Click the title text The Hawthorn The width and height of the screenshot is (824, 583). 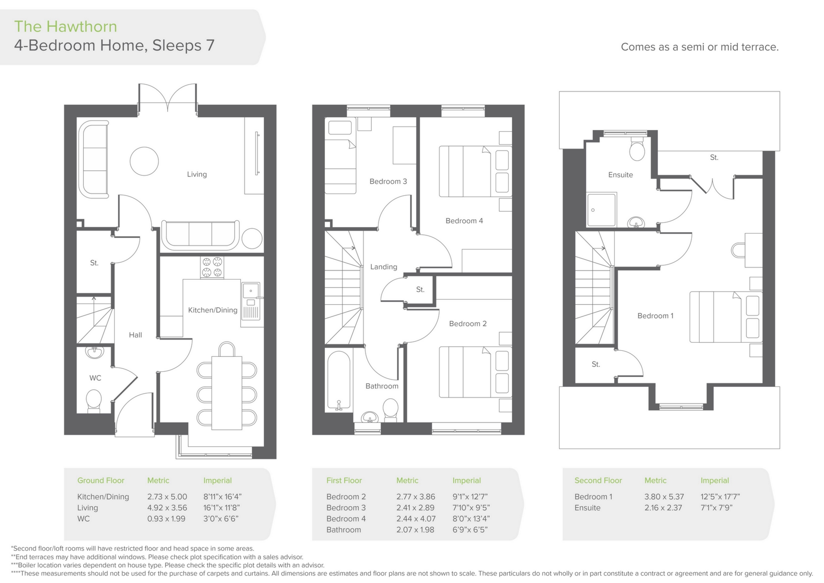point(66,27)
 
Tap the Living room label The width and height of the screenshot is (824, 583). point(197,174)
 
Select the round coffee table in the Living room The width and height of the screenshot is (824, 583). point(144,161)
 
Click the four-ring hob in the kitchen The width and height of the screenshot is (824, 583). point(212,267)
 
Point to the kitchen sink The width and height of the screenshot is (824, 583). point(251,290)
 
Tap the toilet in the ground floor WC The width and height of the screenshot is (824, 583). point(94,400)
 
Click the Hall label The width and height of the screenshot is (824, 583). point(135,335)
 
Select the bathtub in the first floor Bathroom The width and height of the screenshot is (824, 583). point(339,380)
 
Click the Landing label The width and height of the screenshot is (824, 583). point(383,267)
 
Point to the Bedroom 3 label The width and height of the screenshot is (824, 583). point(388,182)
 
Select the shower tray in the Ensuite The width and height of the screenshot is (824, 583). point(601,210)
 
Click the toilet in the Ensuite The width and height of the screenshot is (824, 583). point(637,149)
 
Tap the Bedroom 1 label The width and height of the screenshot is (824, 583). point(655,316)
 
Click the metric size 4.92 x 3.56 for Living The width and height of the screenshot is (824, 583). point(167,508)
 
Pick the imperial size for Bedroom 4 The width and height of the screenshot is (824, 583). point(471,519)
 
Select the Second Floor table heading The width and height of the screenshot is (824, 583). point(598,481)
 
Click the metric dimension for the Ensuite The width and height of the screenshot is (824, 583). point(663,508)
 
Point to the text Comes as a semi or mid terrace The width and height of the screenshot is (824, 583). point(700,47)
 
